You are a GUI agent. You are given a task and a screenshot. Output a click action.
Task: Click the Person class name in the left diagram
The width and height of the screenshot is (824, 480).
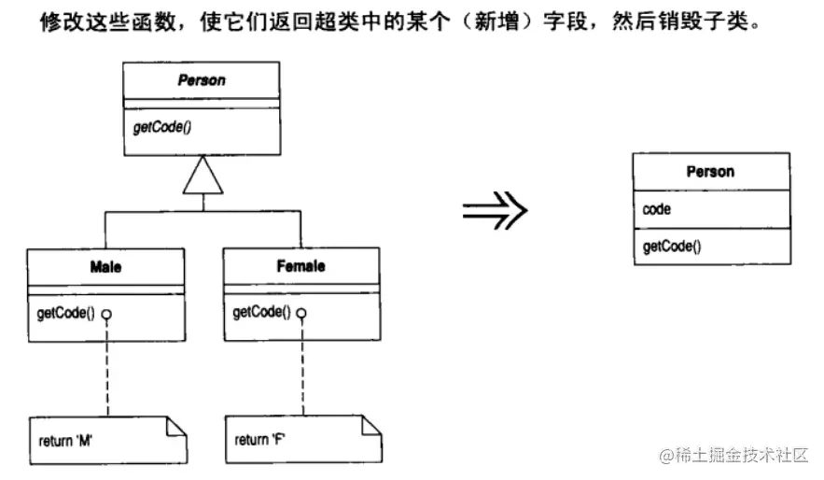(202, 80)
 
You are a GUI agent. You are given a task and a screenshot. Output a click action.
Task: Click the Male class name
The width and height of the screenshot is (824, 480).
(105, 266)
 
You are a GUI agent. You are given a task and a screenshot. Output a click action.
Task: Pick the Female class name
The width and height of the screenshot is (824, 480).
(300, 266)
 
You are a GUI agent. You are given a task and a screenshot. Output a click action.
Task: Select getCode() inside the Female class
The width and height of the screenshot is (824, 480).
(259, 312)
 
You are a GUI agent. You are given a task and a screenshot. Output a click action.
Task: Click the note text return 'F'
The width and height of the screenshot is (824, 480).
(260, 438)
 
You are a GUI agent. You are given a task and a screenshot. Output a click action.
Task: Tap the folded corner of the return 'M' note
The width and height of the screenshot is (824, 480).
(175, 426)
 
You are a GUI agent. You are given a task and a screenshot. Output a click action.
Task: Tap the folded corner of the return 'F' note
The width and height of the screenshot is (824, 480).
(370, 425)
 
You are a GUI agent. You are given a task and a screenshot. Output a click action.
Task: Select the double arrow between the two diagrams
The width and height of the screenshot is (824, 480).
(494, 211)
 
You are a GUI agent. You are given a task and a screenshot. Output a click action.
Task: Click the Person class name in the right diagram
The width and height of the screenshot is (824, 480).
(710, 172)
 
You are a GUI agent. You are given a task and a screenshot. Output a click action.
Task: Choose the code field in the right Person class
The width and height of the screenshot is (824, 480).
(656, 209)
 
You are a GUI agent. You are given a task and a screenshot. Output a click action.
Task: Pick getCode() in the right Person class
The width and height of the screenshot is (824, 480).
(672, 247)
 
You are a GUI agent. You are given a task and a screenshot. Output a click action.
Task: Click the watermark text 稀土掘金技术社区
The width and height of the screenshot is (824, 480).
(743, 456)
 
